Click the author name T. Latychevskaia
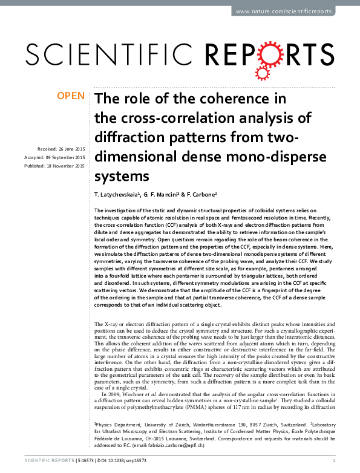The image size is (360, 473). tap(117, 195)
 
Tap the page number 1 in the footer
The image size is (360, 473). tap(334, 461)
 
